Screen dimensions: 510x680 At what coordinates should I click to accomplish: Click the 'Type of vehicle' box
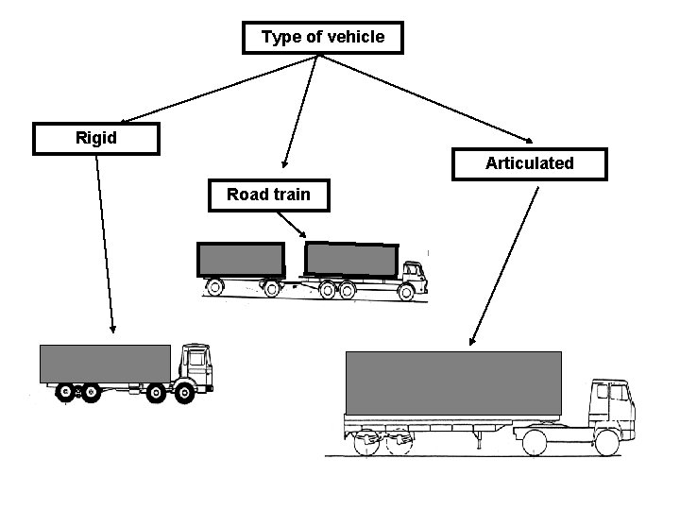pyautogui.click(x=323, y=38)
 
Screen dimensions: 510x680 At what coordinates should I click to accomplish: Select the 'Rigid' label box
pyautogui.click(x=95, y=139)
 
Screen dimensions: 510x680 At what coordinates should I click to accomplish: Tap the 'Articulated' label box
pyautogui.click(x=529, y=163)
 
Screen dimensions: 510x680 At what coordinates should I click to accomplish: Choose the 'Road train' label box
pyautogui.click(x=268, y=195)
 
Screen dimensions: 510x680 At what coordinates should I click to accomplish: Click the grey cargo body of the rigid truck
pyautogui.click(x=105, y=364)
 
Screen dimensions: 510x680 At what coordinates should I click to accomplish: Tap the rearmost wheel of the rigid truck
pyautogui.click(x=64, y=392)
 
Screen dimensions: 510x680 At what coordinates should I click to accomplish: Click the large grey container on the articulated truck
pyautogui.click(x=453, y=382)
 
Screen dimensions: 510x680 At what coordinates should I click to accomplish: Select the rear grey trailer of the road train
pyautogui.click(x=240, y=260)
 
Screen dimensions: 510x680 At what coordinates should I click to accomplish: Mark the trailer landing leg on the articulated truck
pyautogui.click(x=478, y=437)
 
